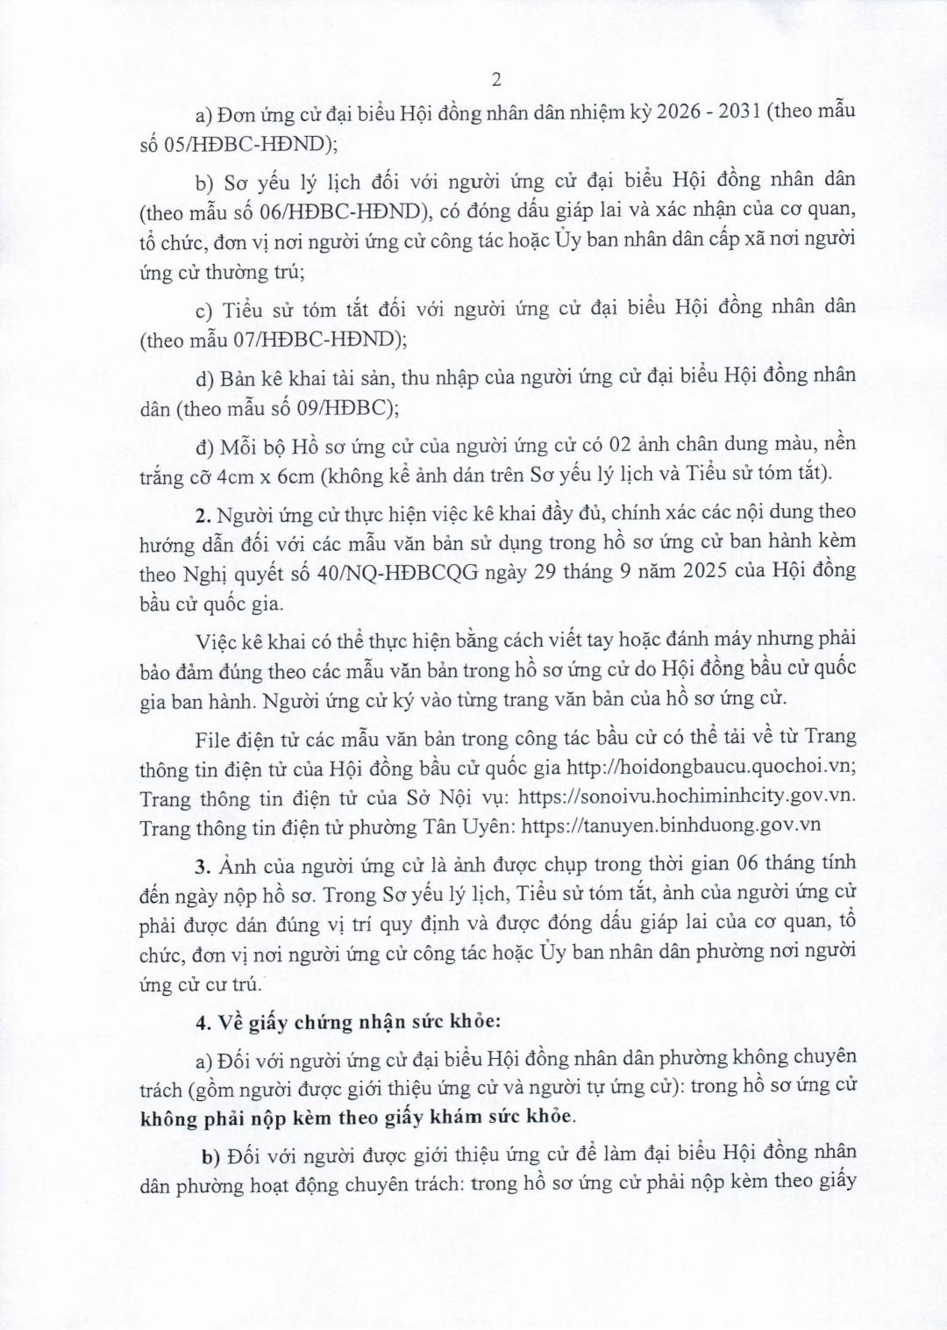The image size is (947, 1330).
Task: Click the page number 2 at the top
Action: pyautogui.click(x=496, y=80)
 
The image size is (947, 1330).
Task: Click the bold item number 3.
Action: pyautogui.click(x=202, y=865)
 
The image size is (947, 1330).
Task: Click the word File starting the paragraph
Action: pyautogui.click(x=211, y=737)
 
